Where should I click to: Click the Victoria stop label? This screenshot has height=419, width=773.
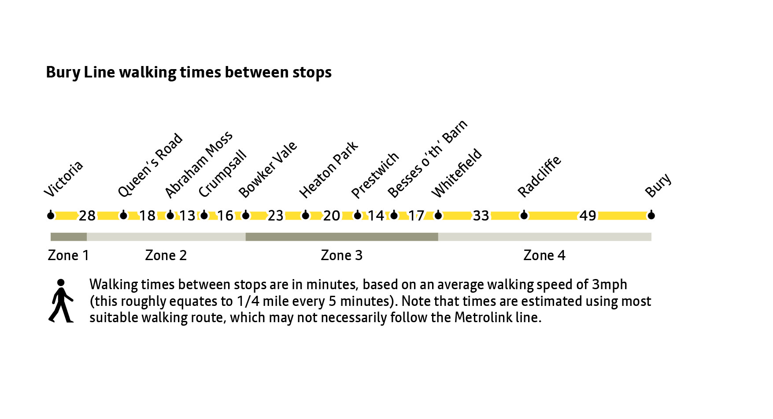coord(64,179)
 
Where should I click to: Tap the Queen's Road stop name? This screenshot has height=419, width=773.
coord(150,165)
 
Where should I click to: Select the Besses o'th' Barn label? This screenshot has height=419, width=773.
coord(427,159)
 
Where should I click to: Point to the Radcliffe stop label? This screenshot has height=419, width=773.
coord(539,176)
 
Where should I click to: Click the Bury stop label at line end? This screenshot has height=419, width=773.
coord(658,185)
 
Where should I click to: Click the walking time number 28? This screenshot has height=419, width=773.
coord(87,216)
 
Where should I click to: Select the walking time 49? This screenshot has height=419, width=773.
coord(588,216)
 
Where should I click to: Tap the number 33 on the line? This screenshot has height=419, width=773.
coord(481,216)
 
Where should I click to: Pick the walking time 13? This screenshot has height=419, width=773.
coord(187,216)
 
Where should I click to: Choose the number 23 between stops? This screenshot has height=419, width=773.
coord(276,216)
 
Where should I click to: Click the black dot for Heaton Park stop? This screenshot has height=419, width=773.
coord(306,215)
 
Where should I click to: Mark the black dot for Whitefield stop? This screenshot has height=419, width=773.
coord(438,215)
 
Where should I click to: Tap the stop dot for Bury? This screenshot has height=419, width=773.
coord(651,215)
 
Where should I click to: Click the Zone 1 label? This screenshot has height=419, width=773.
coord(68,255)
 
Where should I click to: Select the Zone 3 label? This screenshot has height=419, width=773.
coord(341,255)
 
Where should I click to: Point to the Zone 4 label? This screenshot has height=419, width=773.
coord(544,255)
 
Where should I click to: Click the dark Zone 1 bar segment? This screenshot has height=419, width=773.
coord(69,237)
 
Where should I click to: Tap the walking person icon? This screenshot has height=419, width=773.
coord(61,301)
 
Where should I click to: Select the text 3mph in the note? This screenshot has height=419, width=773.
coord(609,285)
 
